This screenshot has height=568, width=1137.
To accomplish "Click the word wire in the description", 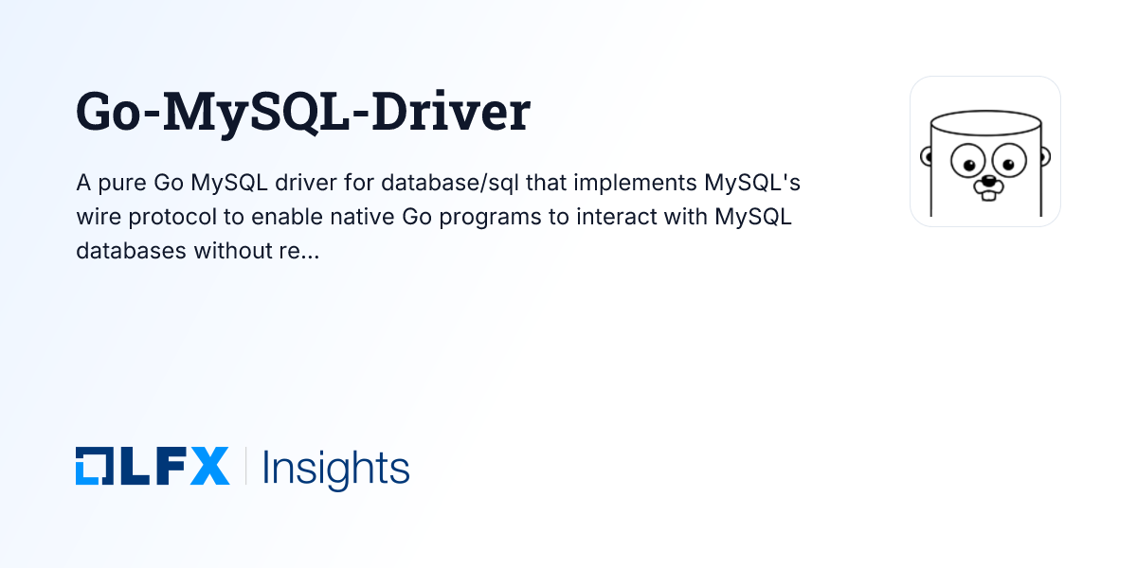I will [x=96, y=217].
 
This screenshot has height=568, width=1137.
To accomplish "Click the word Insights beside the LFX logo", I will [x=335, y=468].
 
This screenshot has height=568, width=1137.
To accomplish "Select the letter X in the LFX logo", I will [x=209, y=467].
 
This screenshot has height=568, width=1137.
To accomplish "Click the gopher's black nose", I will [x=988, y=180].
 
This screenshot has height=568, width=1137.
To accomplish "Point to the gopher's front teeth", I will [x=988, y=194].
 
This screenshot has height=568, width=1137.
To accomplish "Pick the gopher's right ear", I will [x=1044, y=155].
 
